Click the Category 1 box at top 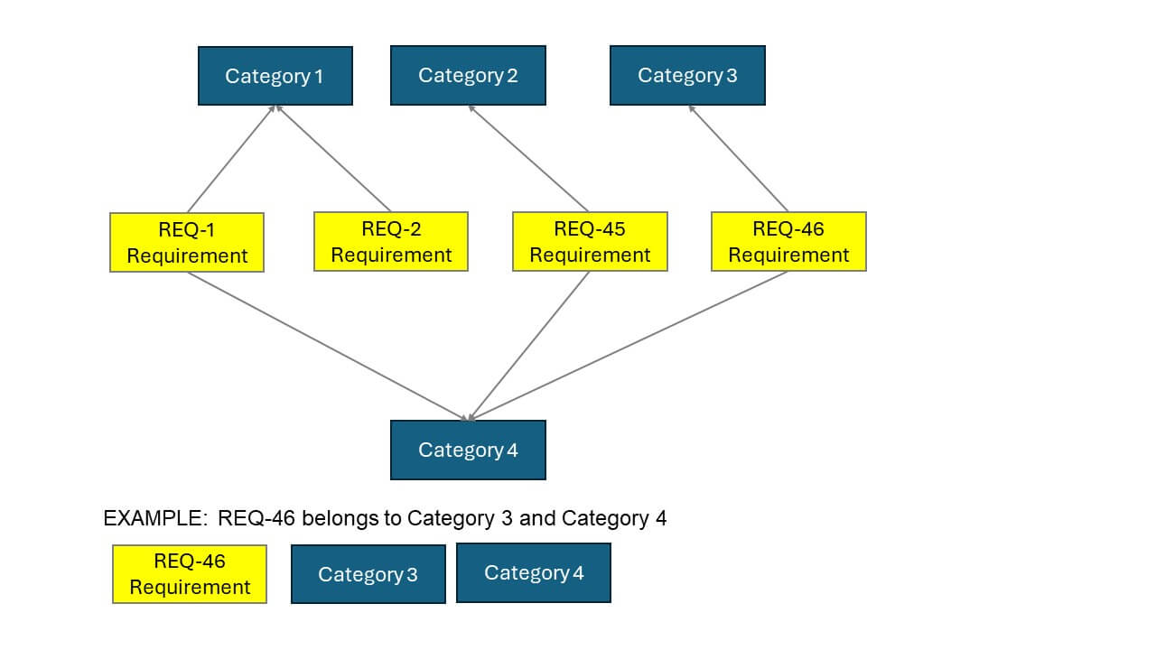click(275, 76)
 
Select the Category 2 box click(468, 75)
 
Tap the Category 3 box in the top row click(687, 75)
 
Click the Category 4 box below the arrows click(468, 450)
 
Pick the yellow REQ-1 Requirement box click(187, 242)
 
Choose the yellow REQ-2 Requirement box click(391, 242)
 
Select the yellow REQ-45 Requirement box click(590, 242)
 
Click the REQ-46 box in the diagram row click(788, 242)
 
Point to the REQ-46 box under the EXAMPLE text click(190, 574)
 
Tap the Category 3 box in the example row click(368, 574)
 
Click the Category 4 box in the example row click(534, 572)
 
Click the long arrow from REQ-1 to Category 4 click(327, 346)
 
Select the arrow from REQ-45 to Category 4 click(529, 346)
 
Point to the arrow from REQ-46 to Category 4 click(629, 346)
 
